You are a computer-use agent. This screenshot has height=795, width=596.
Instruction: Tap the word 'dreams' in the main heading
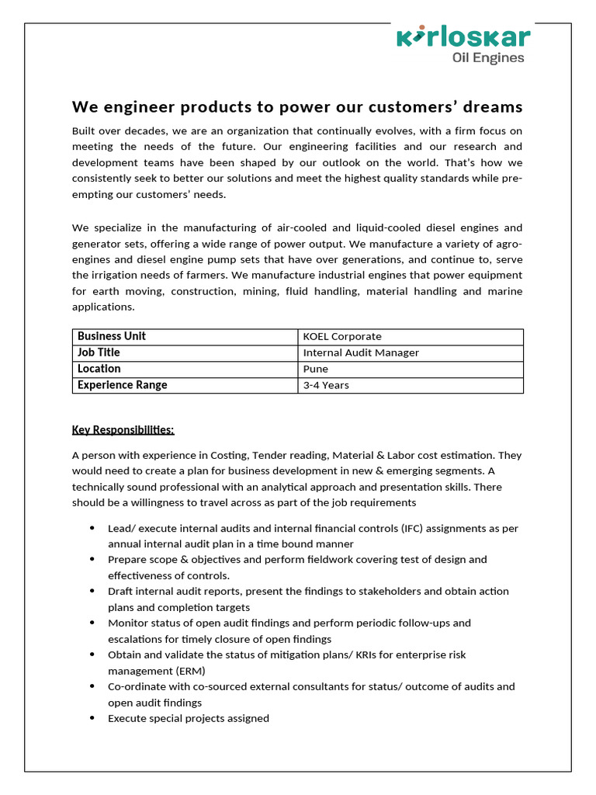point(492,106)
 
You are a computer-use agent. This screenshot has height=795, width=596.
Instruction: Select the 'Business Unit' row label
point(112,336)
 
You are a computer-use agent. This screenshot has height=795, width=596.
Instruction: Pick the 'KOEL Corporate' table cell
point(342,337)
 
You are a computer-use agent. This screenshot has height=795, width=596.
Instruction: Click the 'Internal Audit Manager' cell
point(361,352)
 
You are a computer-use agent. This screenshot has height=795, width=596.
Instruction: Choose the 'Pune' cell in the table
point(316,369)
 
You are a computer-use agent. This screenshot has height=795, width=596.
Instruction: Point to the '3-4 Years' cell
point(326,385)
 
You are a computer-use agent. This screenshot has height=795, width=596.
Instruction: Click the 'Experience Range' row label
point(122,385)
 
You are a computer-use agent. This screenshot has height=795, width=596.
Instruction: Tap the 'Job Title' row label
point(99,352)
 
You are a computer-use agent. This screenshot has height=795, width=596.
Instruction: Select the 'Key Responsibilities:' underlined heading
point(123,430)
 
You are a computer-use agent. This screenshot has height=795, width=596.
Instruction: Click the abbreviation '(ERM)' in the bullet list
point(189,671)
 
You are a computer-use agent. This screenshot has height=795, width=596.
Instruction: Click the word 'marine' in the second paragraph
point(506,291)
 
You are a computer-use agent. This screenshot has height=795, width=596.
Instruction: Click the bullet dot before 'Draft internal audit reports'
point(92,592)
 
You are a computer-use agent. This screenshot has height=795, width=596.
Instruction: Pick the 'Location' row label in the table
point(99,369)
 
